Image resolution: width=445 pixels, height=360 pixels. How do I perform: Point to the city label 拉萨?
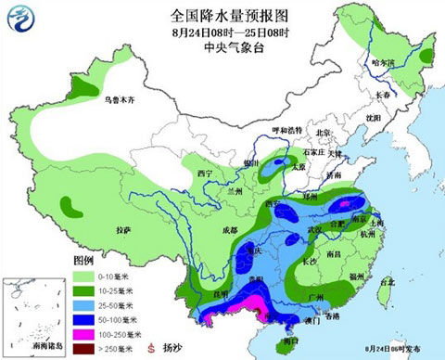click(x=123, y=228)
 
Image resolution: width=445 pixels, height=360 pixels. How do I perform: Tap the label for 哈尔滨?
click(x=383, y=63)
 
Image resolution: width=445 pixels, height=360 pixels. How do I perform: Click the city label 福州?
click(x=355, y=276)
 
